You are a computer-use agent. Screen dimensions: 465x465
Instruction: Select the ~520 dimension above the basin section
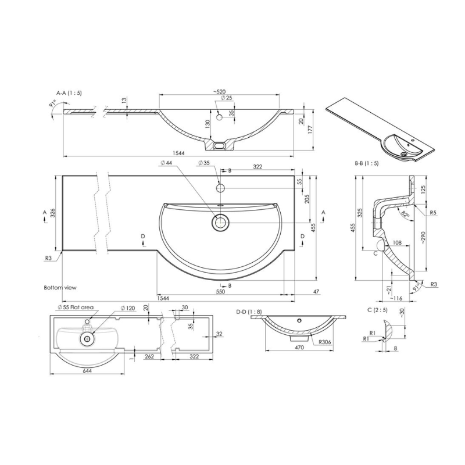point(219,92)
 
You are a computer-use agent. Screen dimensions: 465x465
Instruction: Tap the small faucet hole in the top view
point(221,188)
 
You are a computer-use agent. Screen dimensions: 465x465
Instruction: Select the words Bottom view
point(60,288)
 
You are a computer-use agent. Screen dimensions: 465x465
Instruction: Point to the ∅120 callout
point(127,307)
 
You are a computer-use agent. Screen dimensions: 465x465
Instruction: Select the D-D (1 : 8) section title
point(249,312)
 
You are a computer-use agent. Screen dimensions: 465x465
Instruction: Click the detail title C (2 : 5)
point(378,309)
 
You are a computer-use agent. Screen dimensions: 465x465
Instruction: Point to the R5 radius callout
point(434,213)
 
